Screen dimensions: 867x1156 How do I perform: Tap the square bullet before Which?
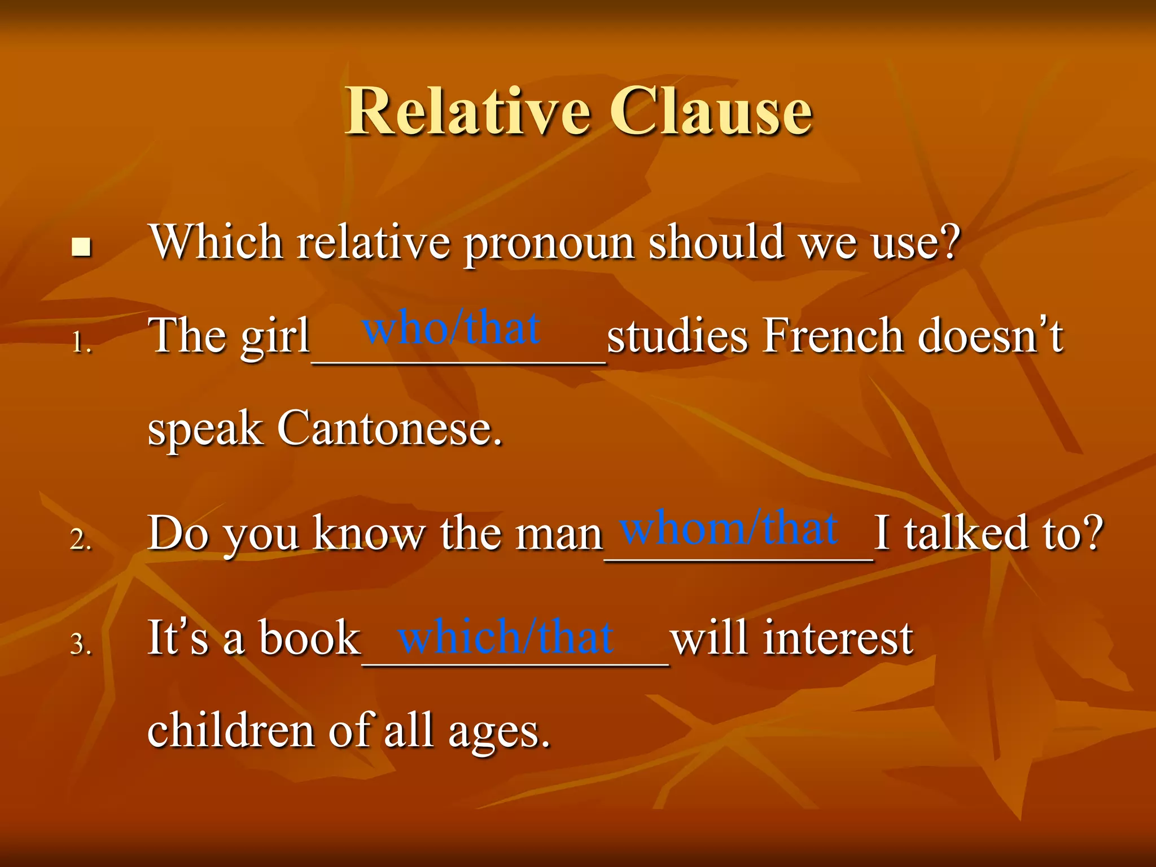[x=82, y=247]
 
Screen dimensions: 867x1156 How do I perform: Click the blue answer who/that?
[x=451, y=329]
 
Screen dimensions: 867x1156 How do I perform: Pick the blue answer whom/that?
[x=728, y=528]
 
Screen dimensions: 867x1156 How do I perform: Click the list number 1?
[x=81, y=342]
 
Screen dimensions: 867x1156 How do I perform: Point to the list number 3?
[x=81, y=644]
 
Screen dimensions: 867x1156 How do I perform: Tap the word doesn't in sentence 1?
[x=991, y=336]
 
